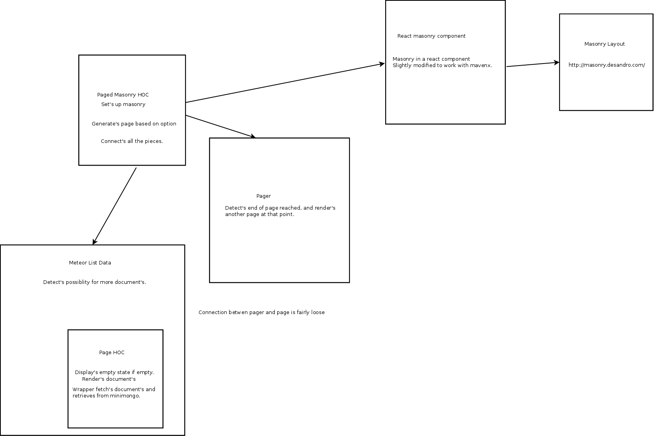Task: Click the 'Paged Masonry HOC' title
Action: click(123, 95)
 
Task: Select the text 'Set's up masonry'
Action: click(123, 104)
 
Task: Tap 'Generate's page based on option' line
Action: click(134, 124)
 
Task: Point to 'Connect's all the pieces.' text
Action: click(132, 141)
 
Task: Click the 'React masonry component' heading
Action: click(431, 36)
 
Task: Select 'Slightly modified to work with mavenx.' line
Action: click(442, 66)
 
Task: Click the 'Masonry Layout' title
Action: click(604, 44)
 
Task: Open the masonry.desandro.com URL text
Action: click(606, 65)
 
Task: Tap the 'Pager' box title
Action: click(263, 196)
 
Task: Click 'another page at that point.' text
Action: click(259, 214)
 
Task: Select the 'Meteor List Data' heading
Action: click(90, 263)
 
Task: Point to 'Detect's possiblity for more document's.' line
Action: click(95, 282)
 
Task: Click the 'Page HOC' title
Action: click(112, 353)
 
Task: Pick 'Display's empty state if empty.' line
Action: click(114, 372)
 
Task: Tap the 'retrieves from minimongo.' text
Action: click(106, 395)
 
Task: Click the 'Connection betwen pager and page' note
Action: click(261, 313)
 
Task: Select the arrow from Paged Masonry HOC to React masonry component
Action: click(285, 83)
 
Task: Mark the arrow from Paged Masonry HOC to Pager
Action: click(220, 127)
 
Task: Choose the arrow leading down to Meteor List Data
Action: click(114, 206)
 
